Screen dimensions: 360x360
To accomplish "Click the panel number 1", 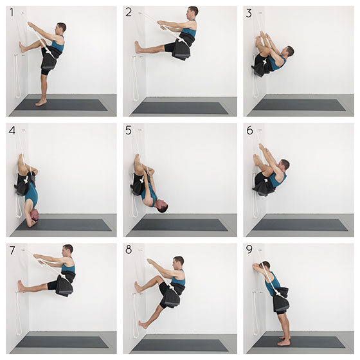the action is click(12, 12).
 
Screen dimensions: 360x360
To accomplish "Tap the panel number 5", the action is click(129, 130).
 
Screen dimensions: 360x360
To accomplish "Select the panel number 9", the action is click(249, 249).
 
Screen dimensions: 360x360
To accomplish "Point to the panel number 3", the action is click(249, 13).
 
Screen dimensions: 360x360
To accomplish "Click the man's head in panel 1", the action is click(61, 28).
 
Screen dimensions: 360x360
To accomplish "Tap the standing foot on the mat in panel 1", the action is click(41, 103).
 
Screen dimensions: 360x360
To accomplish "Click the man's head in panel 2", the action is click(192, 12).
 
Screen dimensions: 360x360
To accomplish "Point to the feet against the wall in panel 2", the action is click(138, 48).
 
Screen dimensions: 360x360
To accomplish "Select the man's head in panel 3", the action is click(289, 51).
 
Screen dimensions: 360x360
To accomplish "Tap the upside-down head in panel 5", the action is click(161, 206).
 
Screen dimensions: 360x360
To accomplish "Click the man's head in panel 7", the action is click(67, 251).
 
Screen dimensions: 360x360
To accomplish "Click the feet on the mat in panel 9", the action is click(283, 341).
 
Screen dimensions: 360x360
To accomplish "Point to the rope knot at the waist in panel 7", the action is click(62, 276).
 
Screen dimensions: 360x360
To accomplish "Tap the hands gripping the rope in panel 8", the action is click(150, 261).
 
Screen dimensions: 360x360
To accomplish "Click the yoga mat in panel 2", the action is click(179, 108).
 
